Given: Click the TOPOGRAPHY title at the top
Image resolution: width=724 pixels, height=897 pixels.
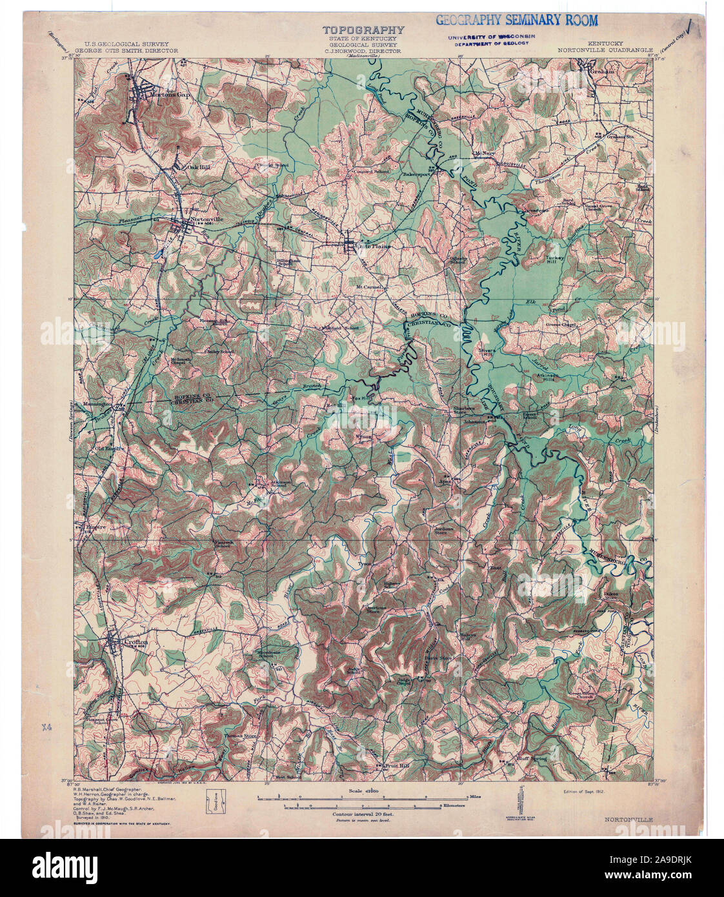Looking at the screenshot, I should (363, 30).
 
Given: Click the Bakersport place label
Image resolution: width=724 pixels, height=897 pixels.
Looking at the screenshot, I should (416, 174).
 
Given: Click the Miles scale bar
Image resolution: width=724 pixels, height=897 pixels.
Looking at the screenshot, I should (361, 799).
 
